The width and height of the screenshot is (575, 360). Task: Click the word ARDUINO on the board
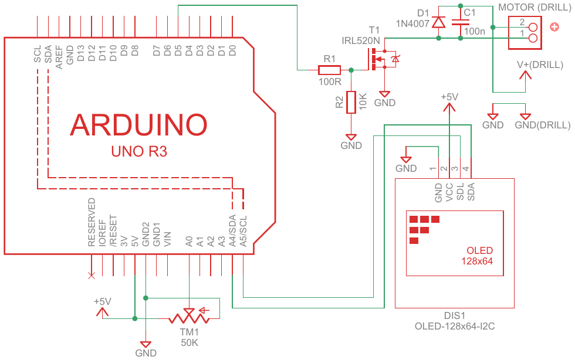[139, 124]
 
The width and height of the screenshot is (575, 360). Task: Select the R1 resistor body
[329, 70]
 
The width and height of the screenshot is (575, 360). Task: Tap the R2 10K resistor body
[351, 102]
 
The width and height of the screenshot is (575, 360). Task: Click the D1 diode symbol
[438, 22]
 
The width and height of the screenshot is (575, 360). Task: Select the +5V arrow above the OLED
[449, 107]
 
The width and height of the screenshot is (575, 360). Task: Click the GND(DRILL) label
[542, 125]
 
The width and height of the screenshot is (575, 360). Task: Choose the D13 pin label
[80, 53]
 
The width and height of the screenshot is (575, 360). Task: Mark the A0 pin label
[189, 240]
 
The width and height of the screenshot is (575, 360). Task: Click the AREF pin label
[59, 57]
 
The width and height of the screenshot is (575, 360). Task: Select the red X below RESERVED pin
[91, 274]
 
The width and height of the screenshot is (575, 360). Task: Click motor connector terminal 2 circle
[533, 26]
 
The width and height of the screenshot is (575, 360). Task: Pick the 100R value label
[330, 81]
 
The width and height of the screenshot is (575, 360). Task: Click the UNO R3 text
[139, 151]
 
